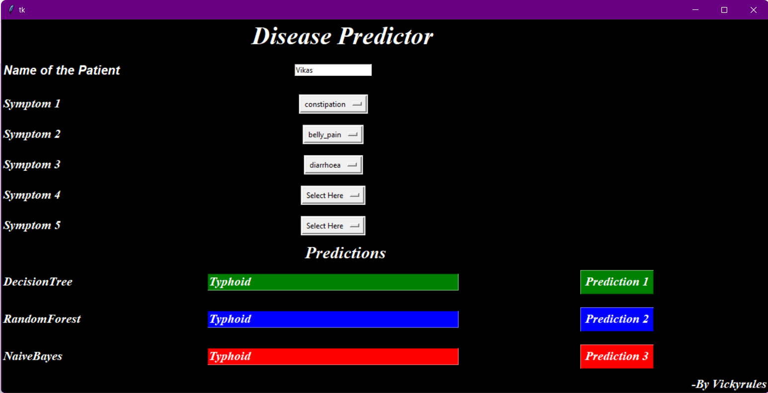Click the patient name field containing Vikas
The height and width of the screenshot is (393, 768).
(333, 70)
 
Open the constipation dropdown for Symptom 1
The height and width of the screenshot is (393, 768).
(333, 104)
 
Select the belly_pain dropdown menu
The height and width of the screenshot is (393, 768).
(333, 134)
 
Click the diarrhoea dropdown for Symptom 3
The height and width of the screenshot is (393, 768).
(333, 165)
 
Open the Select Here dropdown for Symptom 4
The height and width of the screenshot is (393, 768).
(333, 195)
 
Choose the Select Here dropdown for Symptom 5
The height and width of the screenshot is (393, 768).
(333, 226)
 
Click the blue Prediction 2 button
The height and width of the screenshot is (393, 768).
(617, 319)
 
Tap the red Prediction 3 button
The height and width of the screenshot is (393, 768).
(617, 356)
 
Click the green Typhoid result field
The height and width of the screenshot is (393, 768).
(333, 282)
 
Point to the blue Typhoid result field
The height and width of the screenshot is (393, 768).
(333, 320)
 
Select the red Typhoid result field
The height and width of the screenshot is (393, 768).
(333, 357)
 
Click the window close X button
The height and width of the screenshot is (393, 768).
(753, 10)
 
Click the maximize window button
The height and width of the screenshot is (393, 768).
(724, 10)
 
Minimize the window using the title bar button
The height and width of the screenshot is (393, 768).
(695, 10)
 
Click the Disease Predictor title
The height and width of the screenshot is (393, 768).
(342, 36)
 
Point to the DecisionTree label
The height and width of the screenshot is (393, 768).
(38, 282)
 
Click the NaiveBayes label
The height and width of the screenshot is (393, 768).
(33, 356)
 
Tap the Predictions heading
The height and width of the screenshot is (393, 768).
(346, 253)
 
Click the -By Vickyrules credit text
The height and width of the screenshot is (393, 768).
(729, 384)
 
